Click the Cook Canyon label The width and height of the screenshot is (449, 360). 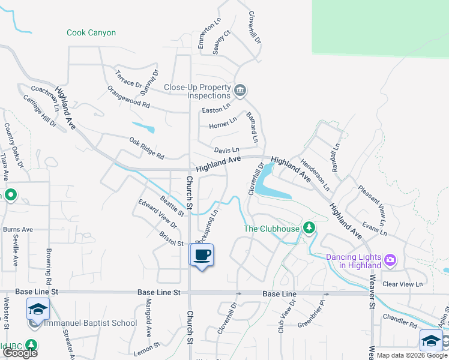(x=91, y=33)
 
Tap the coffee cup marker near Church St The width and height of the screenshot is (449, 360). (x=202, y=255)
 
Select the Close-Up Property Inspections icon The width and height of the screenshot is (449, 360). (x=240, y=91)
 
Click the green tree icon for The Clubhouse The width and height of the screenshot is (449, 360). (x=309, y=227)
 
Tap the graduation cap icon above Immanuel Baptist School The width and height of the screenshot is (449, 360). (x=38, y=309)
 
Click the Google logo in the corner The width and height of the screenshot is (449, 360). (x=20, y=352)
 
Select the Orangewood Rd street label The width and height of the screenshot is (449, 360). (x=128, y=96)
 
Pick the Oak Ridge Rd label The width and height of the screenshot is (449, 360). (x=146, y=148)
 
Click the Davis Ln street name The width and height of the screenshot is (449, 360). (x=227, y=149)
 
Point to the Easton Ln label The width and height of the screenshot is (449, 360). (x=215, y=110)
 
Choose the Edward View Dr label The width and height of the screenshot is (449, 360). (x=158, y=214)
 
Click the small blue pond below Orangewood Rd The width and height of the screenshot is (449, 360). (x=144, y=127)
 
